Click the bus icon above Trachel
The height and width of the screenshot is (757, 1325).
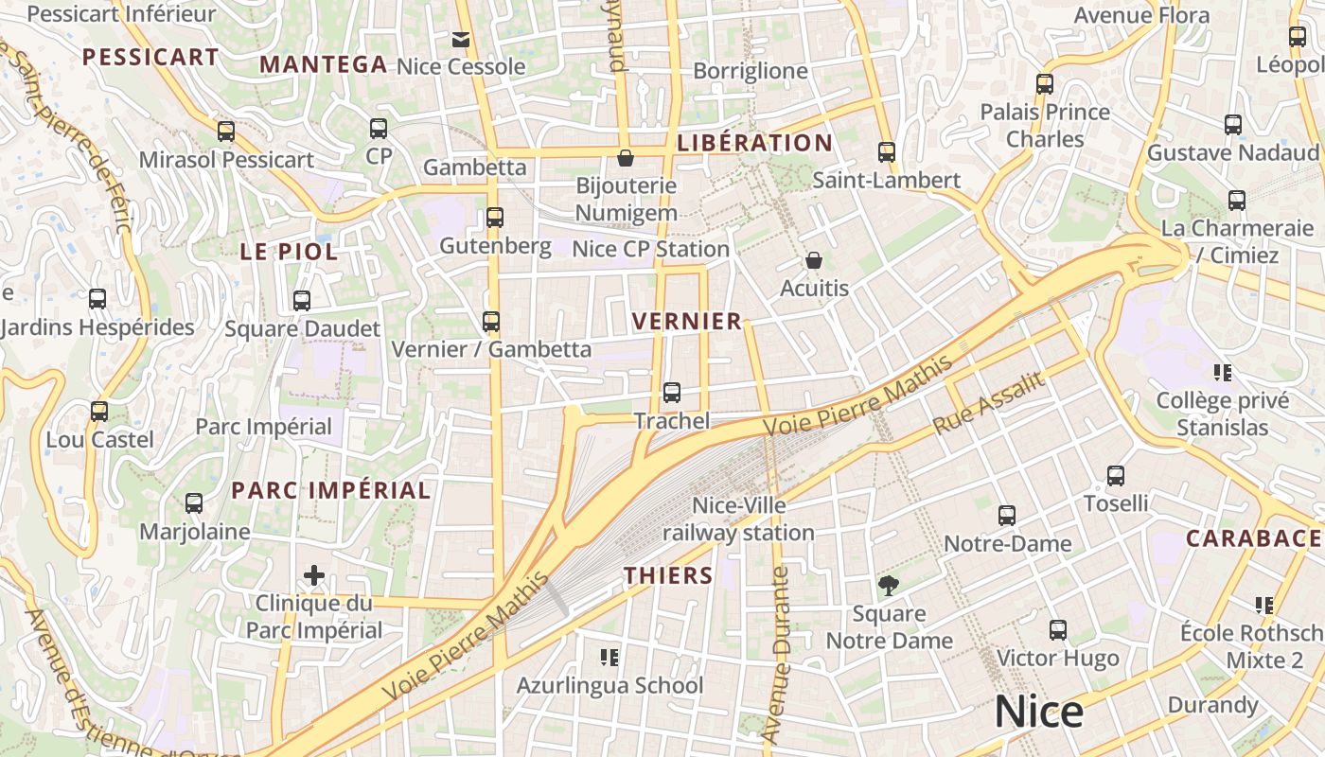[672, 392]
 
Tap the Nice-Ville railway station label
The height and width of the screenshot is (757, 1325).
[738, 519]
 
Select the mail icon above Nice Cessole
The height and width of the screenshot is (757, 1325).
[461, 40]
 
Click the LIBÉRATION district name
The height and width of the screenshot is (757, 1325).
[754, 143]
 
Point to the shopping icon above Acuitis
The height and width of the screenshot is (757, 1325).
[814, 260]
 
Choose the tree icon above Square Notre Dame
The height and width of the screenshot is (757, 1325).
[889, 586]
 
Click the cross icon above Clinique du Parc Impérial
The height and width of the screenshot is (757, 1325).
[314, 574]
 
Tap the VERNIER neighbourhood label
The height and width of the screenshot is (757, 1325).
[687, 322]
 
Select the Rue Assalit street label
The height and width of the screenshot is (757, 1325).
[988, 403]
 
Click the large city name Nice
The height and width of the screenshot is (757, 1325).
[1038, 713]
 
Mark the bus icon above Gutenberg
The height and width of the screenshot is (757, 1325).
[494, 218]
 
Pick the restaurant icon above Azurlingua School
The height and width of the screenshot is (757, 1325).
[609, 657]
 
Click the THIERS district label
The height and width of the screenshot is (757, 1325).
[668, 575]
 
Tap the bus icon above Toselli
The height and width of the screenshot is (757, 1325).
[1116, 476]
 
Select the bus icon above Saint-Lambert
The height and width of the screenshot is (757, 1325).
[887, 152]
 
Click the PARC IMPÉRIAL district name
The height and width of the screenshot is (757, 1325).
[331, 490]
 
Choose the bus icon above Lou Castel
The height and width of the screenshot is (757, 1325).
[99, 412]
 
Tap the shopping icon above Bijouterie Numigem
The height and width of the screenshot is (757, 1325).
[625, 157]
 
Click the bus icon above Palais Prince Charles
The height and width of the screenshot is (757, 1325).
[1045, 84]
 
